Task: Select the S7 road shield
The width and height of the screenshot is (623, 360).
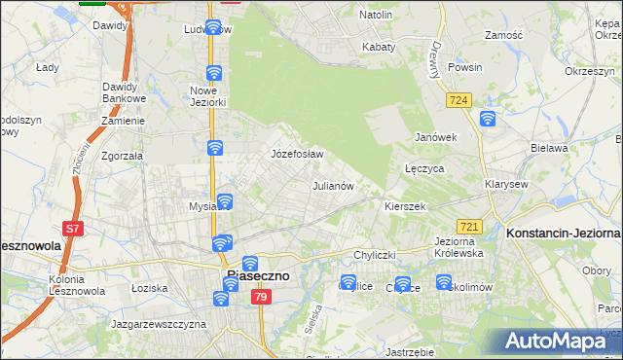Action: pyautogui.click(x=72, y=230)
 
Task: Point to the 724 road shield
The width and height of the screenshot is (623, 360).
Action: pyautogui.click(x=460, y=100)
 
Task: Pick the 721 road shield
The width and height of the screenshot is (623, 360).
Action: pyautogui.click(x=469, y=226)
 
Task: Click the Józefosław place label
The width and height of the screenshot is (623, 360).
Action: pyautogui.click(x=296, y=154)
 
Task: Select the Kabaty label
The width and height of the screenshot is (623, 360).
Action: pyautogui.click(x=379, y=46)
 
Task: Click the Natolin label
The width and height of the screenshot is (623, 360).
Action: pyautogui.click(x=375, y=16)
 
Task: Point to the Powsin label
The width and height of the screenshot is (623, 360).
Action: pyautogui.click(x=465, y=68)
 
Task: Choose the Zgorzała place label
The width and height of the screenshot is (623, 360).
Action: pyautogui.click(x=123, y=155)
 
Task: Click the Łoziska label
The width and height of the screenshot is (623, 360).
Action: pyautogui.click(x=150, y=288)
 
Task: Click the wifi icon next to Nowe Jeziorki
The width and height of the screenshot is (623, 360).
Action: pyautogui.click(x=214, y=73)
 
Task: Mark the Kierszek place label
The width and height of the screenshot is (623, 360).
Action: pyautogui.click(x=405, y=207)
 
